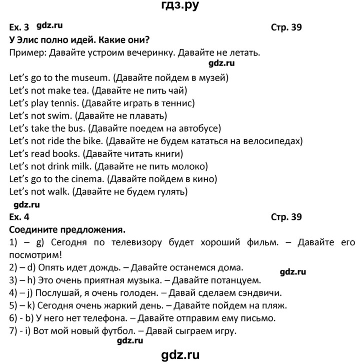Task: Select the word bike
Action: [93, 141]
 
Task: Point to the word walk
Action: [57, 191]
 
